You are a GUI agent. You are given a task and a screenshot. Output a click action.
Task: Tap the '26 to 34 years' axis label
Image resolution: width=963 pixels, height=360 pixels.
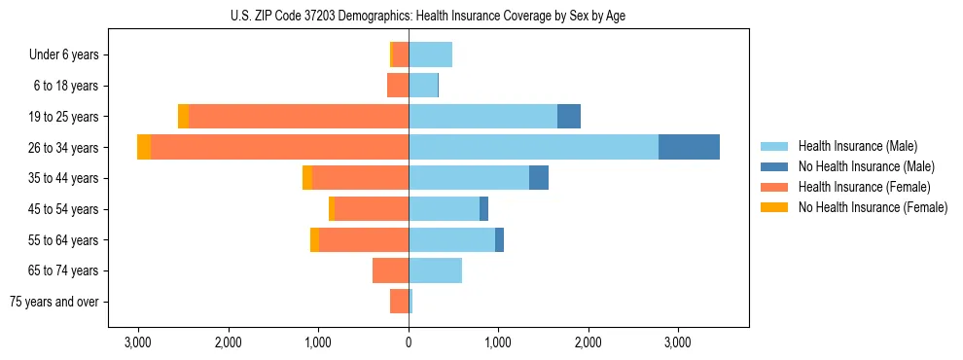pyautogui.click(x=64, y=148)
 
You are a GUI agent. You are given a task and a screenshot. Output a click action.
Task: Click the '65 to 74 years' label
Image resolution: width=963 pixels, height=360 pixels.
pyautogui.click(x=64, y=270)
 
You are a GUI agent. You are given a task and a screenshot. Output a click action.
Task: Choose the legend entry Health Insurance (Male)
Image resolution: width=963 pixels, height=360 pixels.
pyautogui.click(x=857, y=146)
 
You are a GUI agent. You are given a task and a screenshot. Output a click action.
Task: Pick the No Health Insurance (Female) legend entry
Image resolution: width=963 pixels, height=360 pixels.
pyautogui.click(x=873, y=207)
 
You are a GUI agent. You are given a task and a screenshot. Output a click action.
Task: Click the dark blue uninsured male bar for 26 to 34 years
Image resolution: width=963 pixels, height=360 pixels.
pyautogui.click(x=689, y=147)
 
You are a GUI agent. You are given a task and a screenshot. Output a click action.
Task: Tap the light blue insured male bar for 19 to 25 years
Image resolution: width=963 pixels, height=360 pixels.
pyautogui.click(x=482, y=117)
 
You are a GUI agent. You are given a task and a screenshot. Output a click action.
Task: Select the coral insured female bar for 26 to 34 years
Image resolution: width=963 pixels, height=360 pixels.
pyautogui.click(x=279, y=147)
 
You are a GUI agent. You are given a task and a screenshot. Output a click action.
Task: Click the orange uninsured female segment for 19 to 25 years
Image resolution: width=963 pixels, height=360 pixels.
pyautogui.click(x=183, y=117)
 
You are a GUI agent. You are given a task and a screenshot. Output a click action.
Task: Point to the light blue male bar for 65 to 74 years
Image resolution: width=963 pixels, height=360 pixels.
pyautogui.click(x=435, y=270)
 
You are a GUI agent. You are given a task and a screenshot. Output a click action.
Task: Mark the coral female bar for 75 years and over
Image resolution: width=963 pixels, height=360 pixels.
pyautogui.click(x=399, y=302)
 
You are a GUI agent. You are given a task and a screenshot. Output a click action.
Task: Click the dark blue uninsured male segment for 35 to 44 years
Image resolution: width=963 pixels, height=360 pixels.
pyautogui.click(x=539, y=178)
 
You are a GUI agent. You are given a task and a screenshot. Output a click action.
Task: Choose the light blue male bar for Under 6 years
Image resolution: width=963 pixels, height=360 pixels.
pyautogui.click(x=430, y=54)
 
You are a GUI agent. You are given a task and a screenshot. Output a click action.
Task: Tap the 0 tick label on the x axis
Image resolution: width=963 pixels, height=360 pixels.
pyautogui.click(x=409, y=342)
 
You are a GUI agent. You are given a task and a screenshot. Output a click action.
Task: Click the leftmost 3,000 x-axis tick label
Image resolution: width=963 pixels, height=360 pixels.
pyautogui.click(x=138, y=342)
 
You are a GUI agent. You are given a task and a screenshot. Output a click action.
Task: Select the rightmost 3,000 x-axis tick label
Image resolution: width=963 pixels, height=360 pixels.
pyautogui.click(x=677, y=342)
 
